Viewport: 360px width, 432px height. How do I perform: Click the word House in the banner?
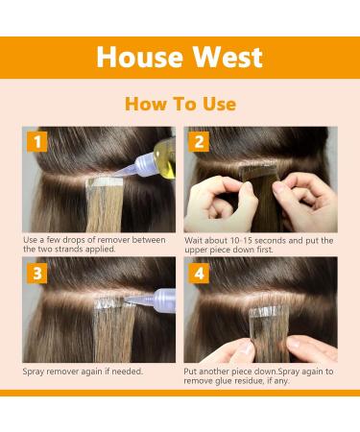(x=140, y=57)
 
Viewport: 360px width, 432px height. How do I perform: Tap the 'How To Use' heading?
(x=180, y=104)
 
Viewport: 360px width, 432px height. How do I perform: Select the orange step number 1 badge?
(x=37, y=142)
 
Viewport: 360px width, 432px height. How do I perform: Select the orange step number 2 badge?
(x=199, y=141)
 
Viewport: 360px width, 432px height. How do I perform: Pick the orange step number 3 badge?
(x=37, y=274)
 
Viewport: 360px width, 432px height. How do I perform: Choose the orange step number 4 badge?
(x=199, y=274)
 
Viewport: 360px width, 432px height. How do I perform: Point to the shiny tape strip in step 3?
(x=108, y=303)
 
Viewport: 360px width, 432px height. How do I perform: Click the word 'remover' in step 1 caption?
(x=112, y=240)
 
